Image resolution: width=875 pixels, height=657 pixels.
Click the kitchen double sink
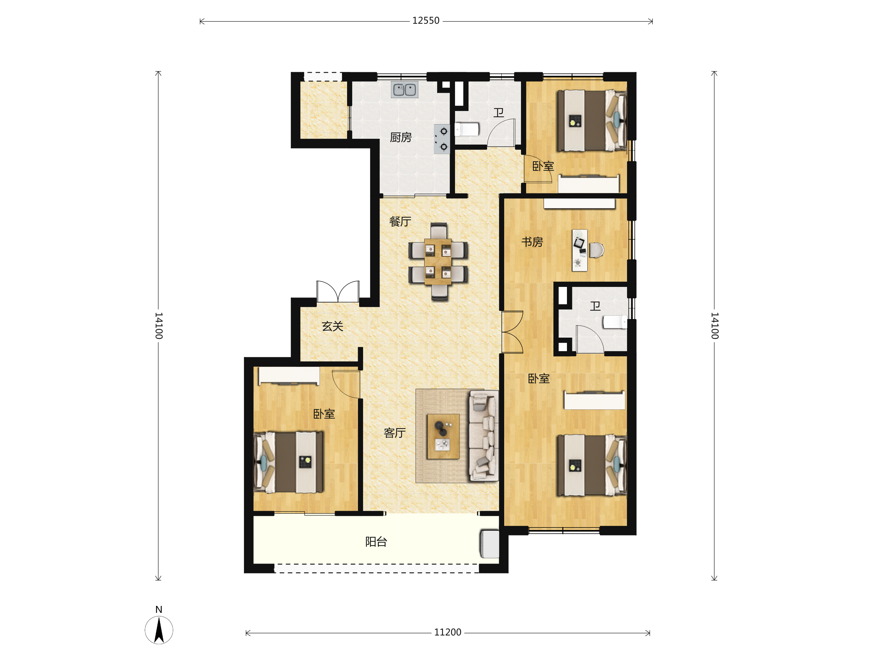click(404, 89)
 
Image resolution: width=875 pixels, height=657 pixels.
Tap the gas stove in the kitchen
click(442, 139)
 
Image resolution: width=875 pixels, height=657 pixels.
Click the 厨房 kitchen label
click(401, 137)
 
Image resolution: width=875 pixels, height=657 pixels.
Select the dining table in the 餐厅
click(437, 261)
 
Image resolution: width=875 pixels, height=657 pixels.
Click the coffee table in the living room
click(443, 437)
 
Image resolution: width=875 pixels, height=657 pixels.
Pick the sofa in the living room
click(483, 435)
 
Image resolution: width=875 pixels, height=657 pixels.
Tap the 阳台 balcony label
click(376, 541)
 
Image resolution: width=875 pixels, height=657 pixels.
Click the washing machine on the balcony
click(490, 544)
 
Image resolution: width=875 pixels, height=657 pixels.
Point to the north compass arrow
click(159, 630)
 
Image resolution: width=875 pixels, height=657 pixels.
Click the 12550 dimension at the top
click(425, 20)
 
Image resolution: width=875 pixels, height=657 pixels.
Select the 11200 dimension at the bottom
click(447, 632)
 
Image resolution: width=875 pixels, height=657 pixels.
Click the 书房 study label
click(532, 242)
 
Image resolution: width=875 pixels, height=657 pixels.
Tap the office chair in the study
click(596, 250)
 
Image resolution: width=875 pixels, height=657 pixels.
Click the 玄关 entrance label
click(332, 326)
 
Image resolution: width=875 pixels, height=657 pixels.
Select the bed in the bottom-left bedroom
click(288, 462)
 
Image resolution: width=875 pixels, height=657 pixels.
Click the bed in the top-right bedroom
click(592, 121)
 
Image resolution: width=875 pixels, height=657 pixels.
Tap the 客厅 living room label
click(394, 433)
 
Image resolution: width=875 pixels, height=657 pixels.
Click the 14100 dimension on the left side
click(159, 326)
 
